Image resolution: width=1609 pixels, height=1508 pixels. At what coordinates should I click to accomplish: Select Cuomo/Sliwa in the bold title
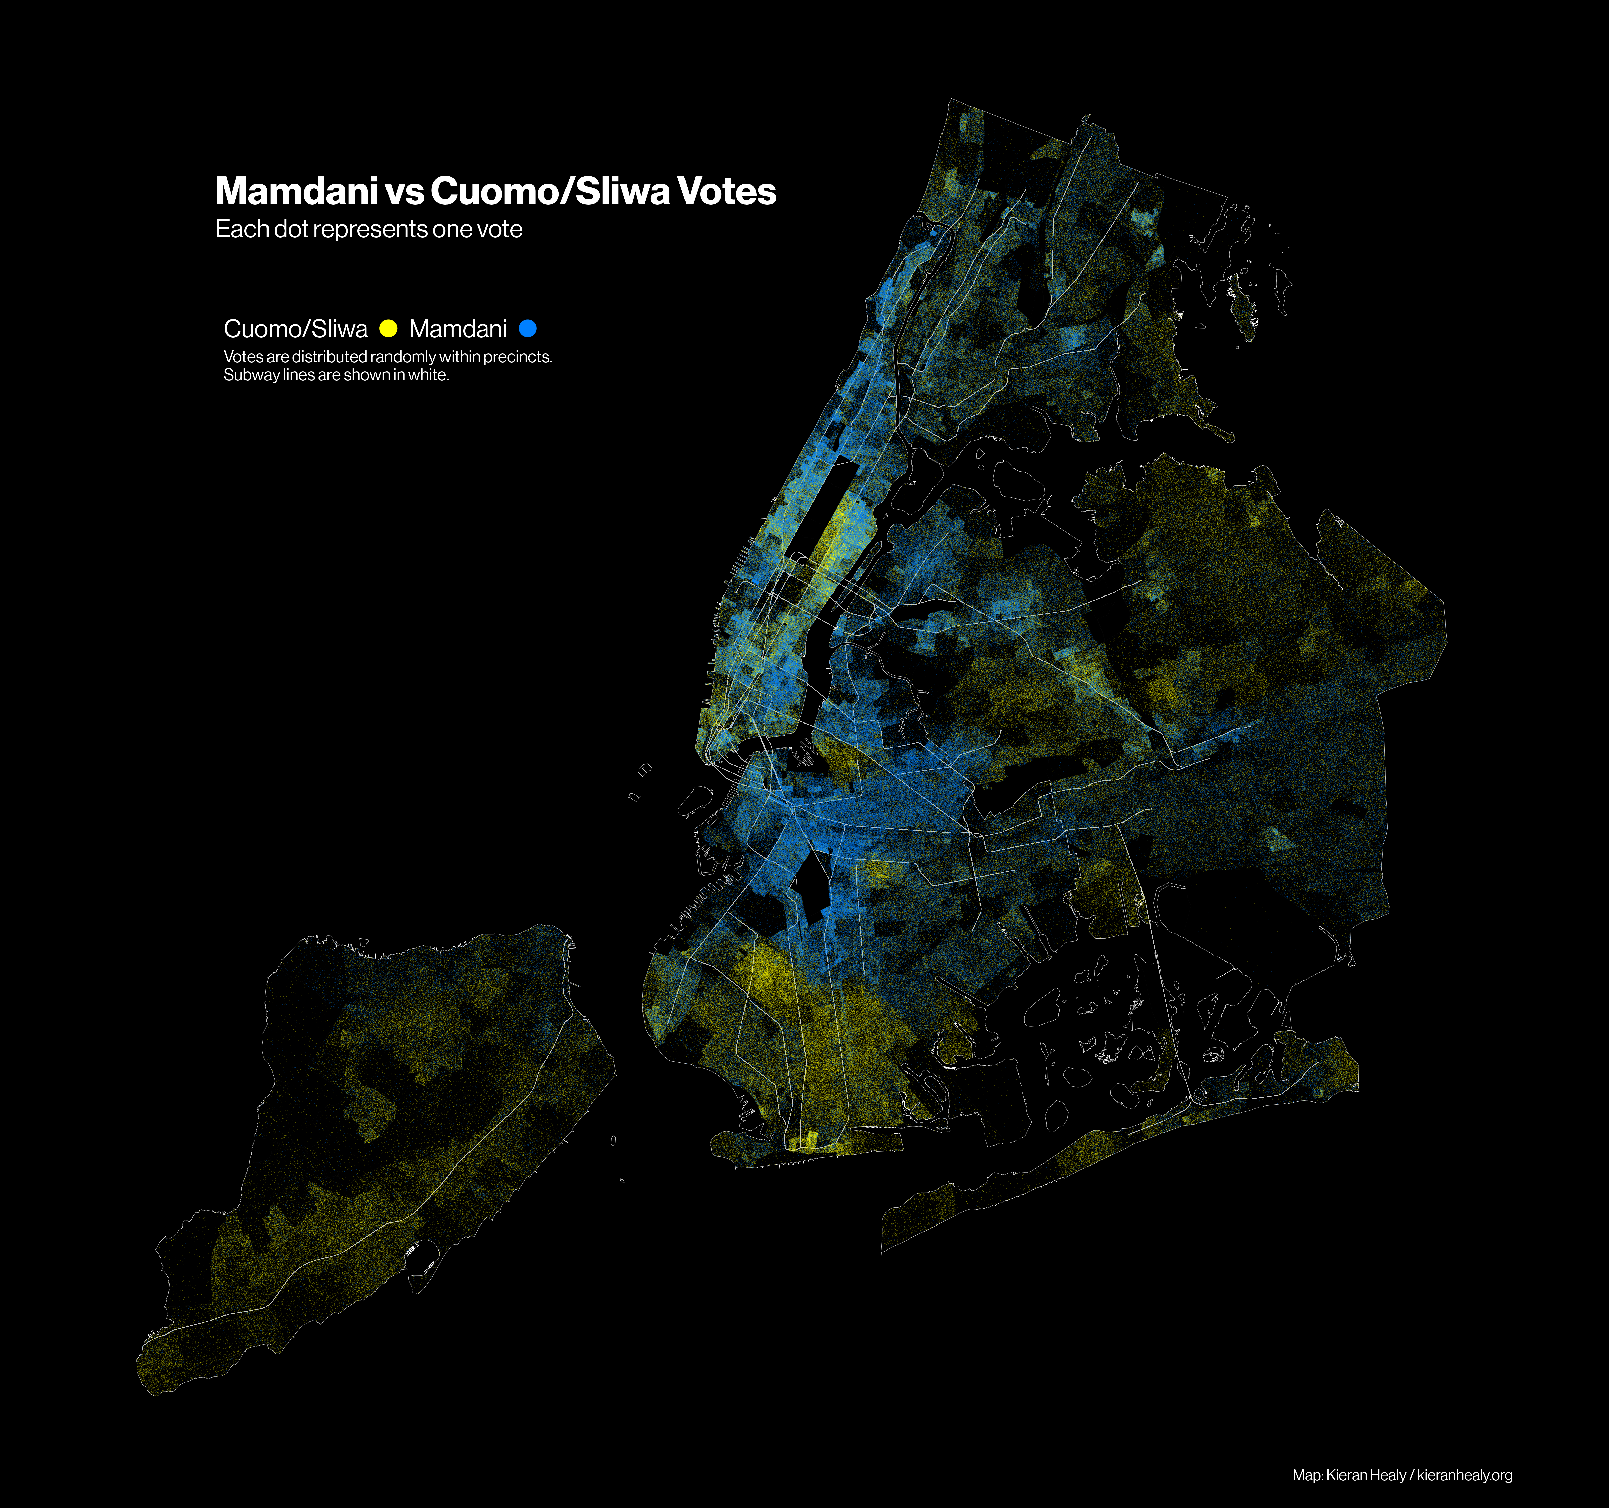[550, 192]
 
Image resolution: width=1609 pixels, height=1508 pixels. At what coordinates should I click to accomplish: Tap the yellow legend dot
[389, 328]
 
